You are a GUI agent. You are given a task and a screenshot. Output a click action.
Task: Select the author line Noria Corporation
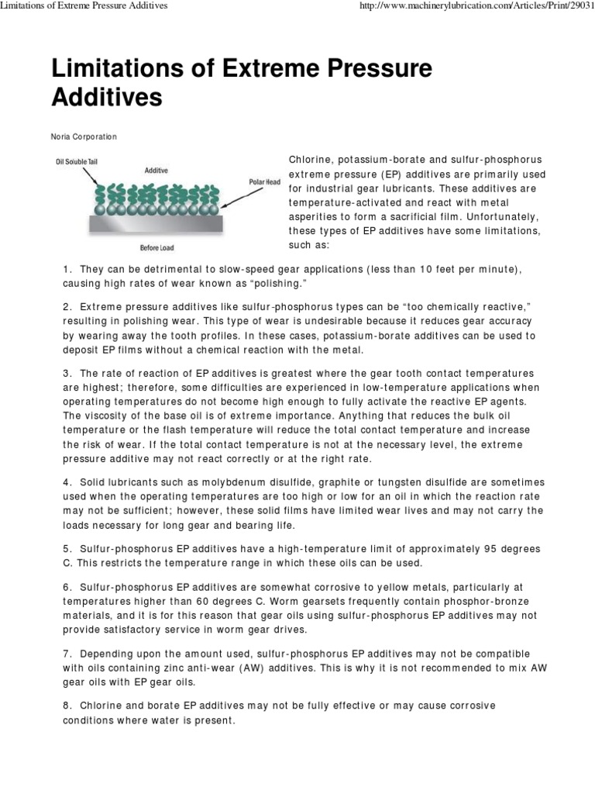coord(84,136)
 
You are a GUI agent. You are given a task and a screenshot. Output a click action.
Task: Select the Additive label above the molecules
coord(156,169)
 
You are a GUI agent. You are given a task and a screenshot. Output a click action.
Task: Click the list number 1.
coord(67,269)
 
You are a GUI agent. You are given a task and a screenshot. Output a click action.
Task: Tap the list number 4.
coord(67,483)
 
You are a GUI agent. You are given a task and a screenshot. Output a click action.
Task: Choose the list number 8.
coord(67,706)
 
